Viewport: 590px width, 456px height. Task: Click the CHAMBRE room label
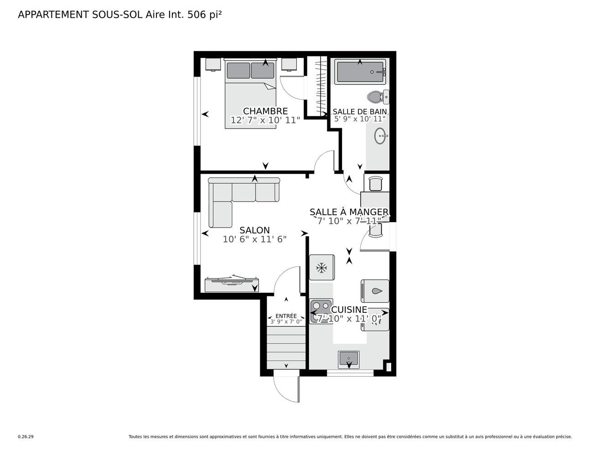pos(265,111)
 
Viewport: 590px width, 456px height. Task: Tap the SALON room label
pos(254,230)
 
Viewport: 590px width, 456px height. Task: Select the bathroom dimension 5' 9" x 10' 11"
pos(360,119)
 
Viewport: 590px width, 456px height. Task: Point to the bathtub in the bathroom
pos(360,72)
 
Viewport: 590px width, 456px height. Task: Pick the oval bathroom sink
pos(381,135)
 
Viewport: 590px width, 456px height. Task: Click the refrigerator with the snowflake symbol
pos(322,268)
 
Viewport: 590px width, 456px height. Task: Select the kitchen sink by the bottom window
pos(349,359)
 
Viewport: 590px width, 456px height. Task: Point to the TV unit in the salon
pos(232,285)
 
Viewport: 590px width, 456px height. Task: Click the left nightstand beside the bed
pos(213,64)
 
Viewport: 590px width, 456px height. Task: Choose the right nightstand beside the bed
pos(289,64)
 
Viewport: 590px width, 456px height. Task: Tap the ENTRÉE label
pos(286,316)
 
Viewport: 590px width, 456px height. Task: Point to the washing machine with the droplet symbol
pos(375,291)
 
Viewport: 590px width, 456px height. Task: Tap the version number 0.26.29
pos(26,437)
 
